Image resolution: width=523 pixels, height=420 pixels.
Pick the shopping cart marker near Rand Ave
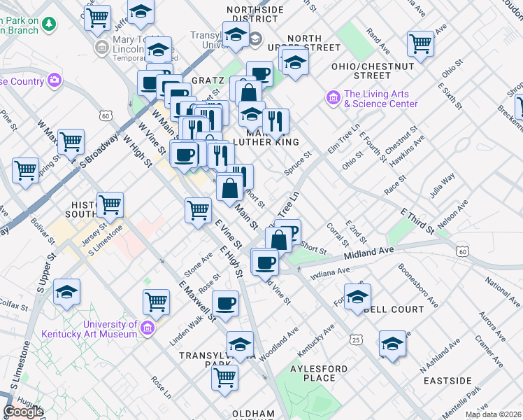421,43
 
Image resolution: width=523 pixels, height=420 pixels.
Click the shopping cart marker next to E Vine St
199,209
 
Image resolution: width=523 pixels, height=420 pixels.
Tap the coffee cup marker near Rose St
225,303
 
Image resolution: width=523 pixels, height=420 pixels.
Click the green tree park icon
49,24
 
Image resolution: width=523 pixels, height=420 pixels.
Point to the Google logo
23,412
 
